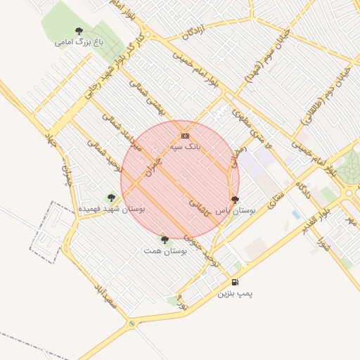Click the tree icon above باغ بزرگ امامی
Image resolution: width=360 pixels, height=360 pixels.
pos(79,31)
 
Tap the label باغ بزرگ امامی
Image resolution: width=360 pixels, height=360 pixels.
pos(79,42)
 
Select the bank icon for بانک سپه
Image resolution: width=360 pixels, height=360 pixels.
pos(185,136)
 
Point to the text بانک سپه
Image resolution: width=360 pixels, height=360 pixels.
pos(185,147)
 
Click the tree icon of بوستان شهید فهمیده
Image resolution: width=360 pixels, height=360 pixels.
pos(111,198)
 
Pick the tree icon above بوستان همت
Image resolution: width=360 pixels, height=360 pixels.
pos(165,240)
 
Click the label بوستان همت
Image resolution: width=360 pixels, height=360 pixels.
pos(165,251)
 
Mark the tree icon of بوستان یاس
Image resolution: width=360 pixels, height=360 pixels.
pos(235,200)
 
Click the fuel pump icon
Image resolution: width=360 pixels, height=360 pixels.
pos(234,282)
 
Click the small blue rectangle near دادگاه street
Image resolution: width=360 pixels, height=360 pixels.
pos(295,214)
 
